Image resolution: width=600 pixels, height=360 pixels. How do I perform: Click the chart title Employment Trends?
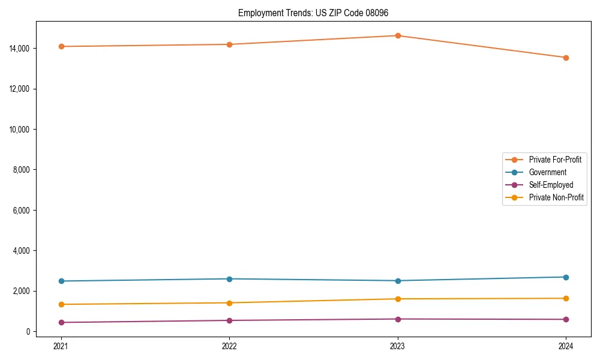[x=317, y=13]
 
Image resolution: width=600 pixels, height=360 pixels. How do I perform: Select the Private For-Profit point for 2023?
[x=398, y=35]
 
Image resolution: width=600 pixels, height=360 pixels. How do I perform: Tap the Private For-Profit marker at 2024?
[x=566, y=58]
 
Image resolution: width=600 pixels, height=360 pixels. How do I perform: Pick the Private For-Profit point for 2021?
[x=61, y=46]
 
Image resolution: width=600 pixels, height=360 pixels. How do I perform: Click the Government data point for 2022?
[x=229, y=279]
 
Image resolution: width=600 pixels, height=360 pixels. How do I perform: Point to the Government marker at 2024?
[x=566, y=277]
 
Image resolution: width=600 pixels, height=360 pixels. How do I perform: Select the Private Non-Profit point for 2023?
[x=398, y=299]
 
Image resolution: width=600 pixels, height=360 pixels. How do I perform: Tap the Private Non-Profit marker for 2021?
[x=61, y=304]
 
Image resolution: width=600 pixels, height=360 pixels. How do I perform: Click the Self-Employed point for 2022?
[x=229, y=320]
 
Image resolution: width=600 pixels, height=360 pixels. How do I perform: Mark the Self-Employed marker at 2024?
[x=566, y=319]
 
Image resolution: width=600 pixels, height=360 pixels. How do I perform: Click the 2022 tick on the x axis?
[x=229, y=346]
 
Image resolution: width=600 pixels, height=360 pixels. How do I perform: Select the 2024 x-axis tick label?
[x=566, y=346]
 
